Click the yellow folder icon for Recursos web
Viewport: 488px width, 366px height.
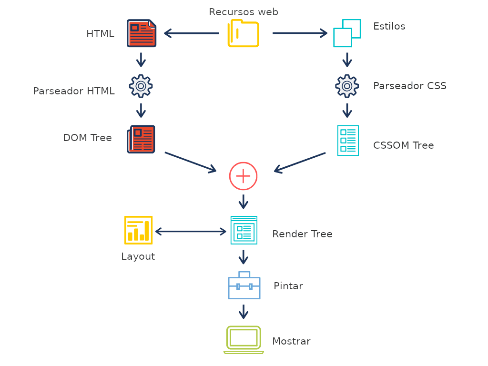(244, 33)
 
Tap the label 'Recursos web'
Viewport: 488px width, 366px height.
(244, 12)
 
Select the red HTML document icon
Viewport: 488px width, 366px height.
(141, 33)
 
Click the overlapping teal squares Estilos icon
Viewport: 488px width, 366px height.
(347, 33)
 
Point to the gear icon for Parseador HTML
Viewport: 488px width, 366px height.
(141, 86)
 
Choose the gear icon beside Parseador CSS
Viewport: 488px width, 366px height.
(347, 86)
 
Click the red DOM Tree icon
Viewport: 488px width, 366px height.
(141, 139)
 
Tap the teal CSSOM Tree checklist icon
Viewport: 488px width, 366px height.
(348, 141)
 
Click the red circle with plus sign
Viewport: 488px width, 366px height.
(243, 176)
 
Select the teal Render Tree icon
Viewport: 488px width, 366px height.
(244, 230)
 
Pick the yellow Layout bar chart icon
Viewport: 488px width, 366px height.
(138, 230)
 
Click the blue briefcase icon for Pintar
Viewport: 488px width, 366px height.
(244, 285)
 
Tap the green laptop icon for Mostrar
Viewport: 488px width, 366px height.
(244, 340)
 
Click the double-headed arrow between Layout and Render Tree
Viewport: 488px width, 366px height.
(191, 232)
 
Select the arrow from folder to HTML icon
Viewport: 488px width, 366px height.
(191, 33)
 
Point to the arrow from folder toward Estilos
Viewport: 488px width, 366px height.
(300, 33)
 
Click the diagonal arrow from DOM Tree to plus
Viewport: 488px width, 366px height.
(191, 162)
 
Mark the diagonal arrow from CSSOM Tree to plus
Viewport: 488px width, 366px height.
(300, 163)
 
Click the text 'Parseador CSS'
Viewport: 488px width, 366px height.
(409, 86)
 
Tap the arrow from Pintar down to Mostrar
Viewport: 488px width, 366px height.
(244, 312)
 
